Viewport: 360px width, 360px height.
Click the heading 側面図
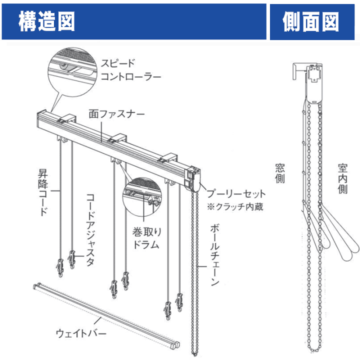310,21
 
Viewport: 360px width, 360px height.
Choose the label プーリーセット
234,193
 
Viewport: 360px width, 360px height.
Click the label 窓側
280,172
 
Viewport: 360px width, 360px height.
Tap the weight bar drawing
105,315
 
